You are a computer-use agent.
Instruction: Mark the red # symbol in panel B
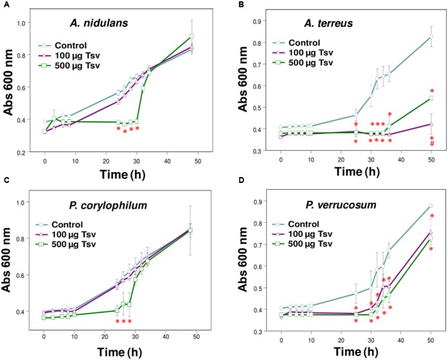432,144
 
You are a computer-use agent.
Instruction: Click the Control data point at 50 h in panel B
431,36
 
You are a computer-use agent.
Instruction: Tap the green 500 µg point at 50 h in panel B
431,98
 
